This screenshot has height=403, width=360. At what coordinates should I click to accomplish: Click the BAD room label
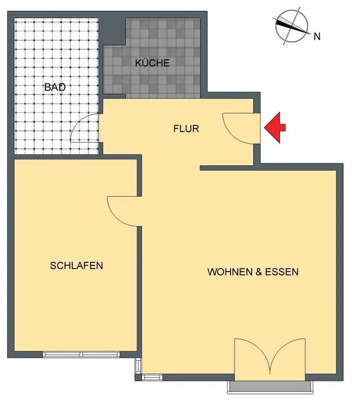pos(55,87)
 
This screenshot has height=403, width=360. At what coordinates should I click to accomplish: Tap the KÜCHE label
pos(152,63)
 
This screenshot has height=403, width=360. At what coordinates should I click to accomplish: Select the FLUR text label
pos(186,128)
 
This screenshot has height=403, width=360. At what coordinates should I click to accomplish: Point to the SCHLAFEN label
pos(76,265)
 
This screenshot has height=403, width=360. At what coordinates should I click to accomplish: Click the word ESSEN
pos(282,272)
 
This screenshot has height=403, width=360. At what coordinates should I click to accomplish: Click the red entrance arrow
pos(274,127)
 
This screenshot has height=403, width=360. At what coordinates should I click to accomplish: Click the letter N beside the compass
pos(317,37)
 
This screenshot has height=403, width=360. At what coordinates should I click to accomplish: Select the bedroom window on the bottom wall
pos(81,355)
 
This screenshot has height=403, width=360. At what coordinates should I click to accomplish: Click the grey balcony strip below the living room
pos(270,387)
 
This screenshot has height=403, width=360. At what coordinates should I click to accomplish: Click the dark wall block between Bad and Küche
pos(112,31)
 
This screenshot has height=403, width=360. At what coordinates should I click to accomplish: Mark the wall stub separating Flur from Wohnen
pos(227,168)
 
